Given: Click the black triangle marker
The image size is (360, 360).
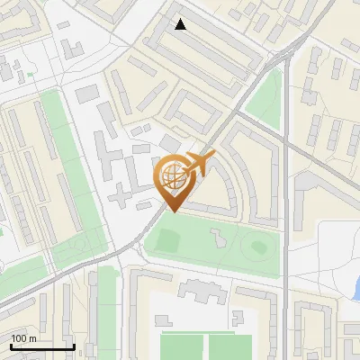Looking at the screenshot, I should (x=181, y=24).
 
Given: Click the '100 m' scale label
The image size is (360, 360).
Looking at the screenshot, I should (x=22, y=338).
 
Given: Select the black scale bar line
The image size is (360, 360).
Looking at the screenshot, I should (x=41, y=347).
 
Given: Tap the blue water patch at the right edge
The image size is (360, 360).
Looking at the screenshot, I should (x=356, y=290).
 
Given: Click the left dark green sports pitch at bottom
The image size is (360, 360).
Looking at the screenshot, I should (x=183, y=346).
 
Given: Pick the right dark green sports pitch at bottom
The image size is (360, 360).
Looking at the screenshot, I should (x=232, y=346).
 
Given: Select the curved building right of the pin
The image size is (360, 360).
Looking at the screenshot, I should (x=237, y=175).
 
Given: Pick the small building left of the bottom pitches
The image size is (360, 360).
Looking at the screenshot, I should (x=161, y=319).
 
